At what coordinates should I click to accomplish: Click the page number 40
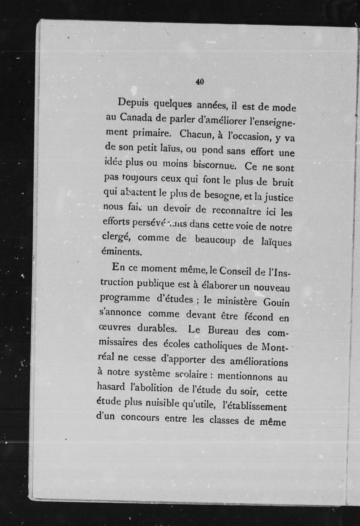(199, 82)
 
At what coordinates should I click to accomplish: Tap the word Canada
(136, 117)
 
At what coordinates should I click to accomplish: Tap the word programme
(125, 297)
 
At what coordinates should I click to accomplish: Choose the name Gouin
(276, 302)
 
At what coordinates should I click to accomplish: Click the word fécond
(258, 317)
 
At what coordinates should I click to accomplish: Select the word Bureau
(223, 330)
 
